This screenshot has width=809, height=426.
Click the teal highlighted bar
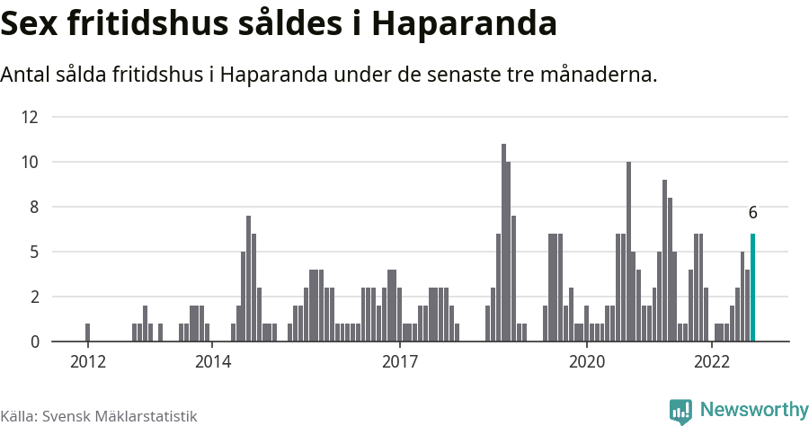coord(752,288)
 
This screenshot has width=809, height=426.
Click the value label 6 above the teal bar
coord(752,213)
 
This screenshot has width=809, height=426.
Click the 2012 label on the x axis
coord(87,362)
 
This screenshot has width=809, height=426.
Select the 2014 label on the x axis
coord(211,362)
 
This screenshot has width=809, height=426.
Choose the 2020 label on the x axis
coord(586,362)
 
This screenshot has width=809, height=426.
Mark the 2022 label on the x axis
coord(711,362)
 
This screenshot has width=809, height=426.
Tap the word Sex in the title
coord(29,24)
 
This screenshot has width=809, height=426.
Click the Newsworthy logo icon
coord(680,411)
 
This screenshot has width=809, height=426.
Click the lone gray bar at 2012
coord(87,333)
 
